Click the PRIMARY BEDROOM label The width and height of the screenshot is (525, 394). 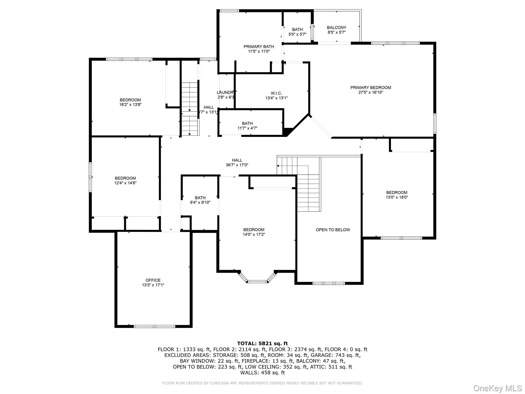[370, 87]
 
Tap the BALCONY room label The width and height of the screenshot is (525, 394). [336, 27]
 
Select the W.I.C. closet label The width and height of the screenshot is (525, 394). [276, 93]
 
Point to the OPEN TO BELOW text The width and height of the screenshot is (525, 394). [332, 230]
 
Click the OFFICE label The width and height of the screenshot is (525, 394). [153, 280]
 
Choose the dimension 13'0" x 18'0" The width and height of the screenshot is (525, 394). [397, 197]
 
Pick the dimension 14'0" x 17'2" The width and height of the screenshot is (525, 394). [254, 234]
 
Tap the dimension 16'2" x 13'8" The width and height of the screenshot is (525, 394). [130, 105]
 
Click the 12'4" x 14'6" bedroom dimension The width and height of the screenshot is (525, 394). [125, 183]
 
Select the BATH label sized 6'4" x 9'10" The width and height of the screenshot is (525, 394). [200, 198]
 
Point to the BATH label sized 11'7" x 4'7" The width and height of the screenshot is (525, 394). [247, 123]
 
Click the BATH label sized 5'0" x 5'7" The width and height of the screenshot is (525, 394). [297, 29]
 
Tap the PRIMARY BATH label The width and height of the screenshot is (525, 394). [258, 46]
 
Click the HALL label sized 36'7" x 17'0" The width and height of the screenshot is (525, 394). [237, 160]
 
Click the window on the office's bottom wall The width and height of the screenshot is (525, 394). [154, 326]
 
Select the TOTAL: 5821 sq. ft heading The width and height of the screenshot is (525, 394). [262, 343]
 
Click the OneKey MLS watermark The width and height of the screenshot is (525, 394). [497, 388]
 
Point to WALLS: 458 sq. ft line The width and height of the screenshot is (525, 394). [262, 372]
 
